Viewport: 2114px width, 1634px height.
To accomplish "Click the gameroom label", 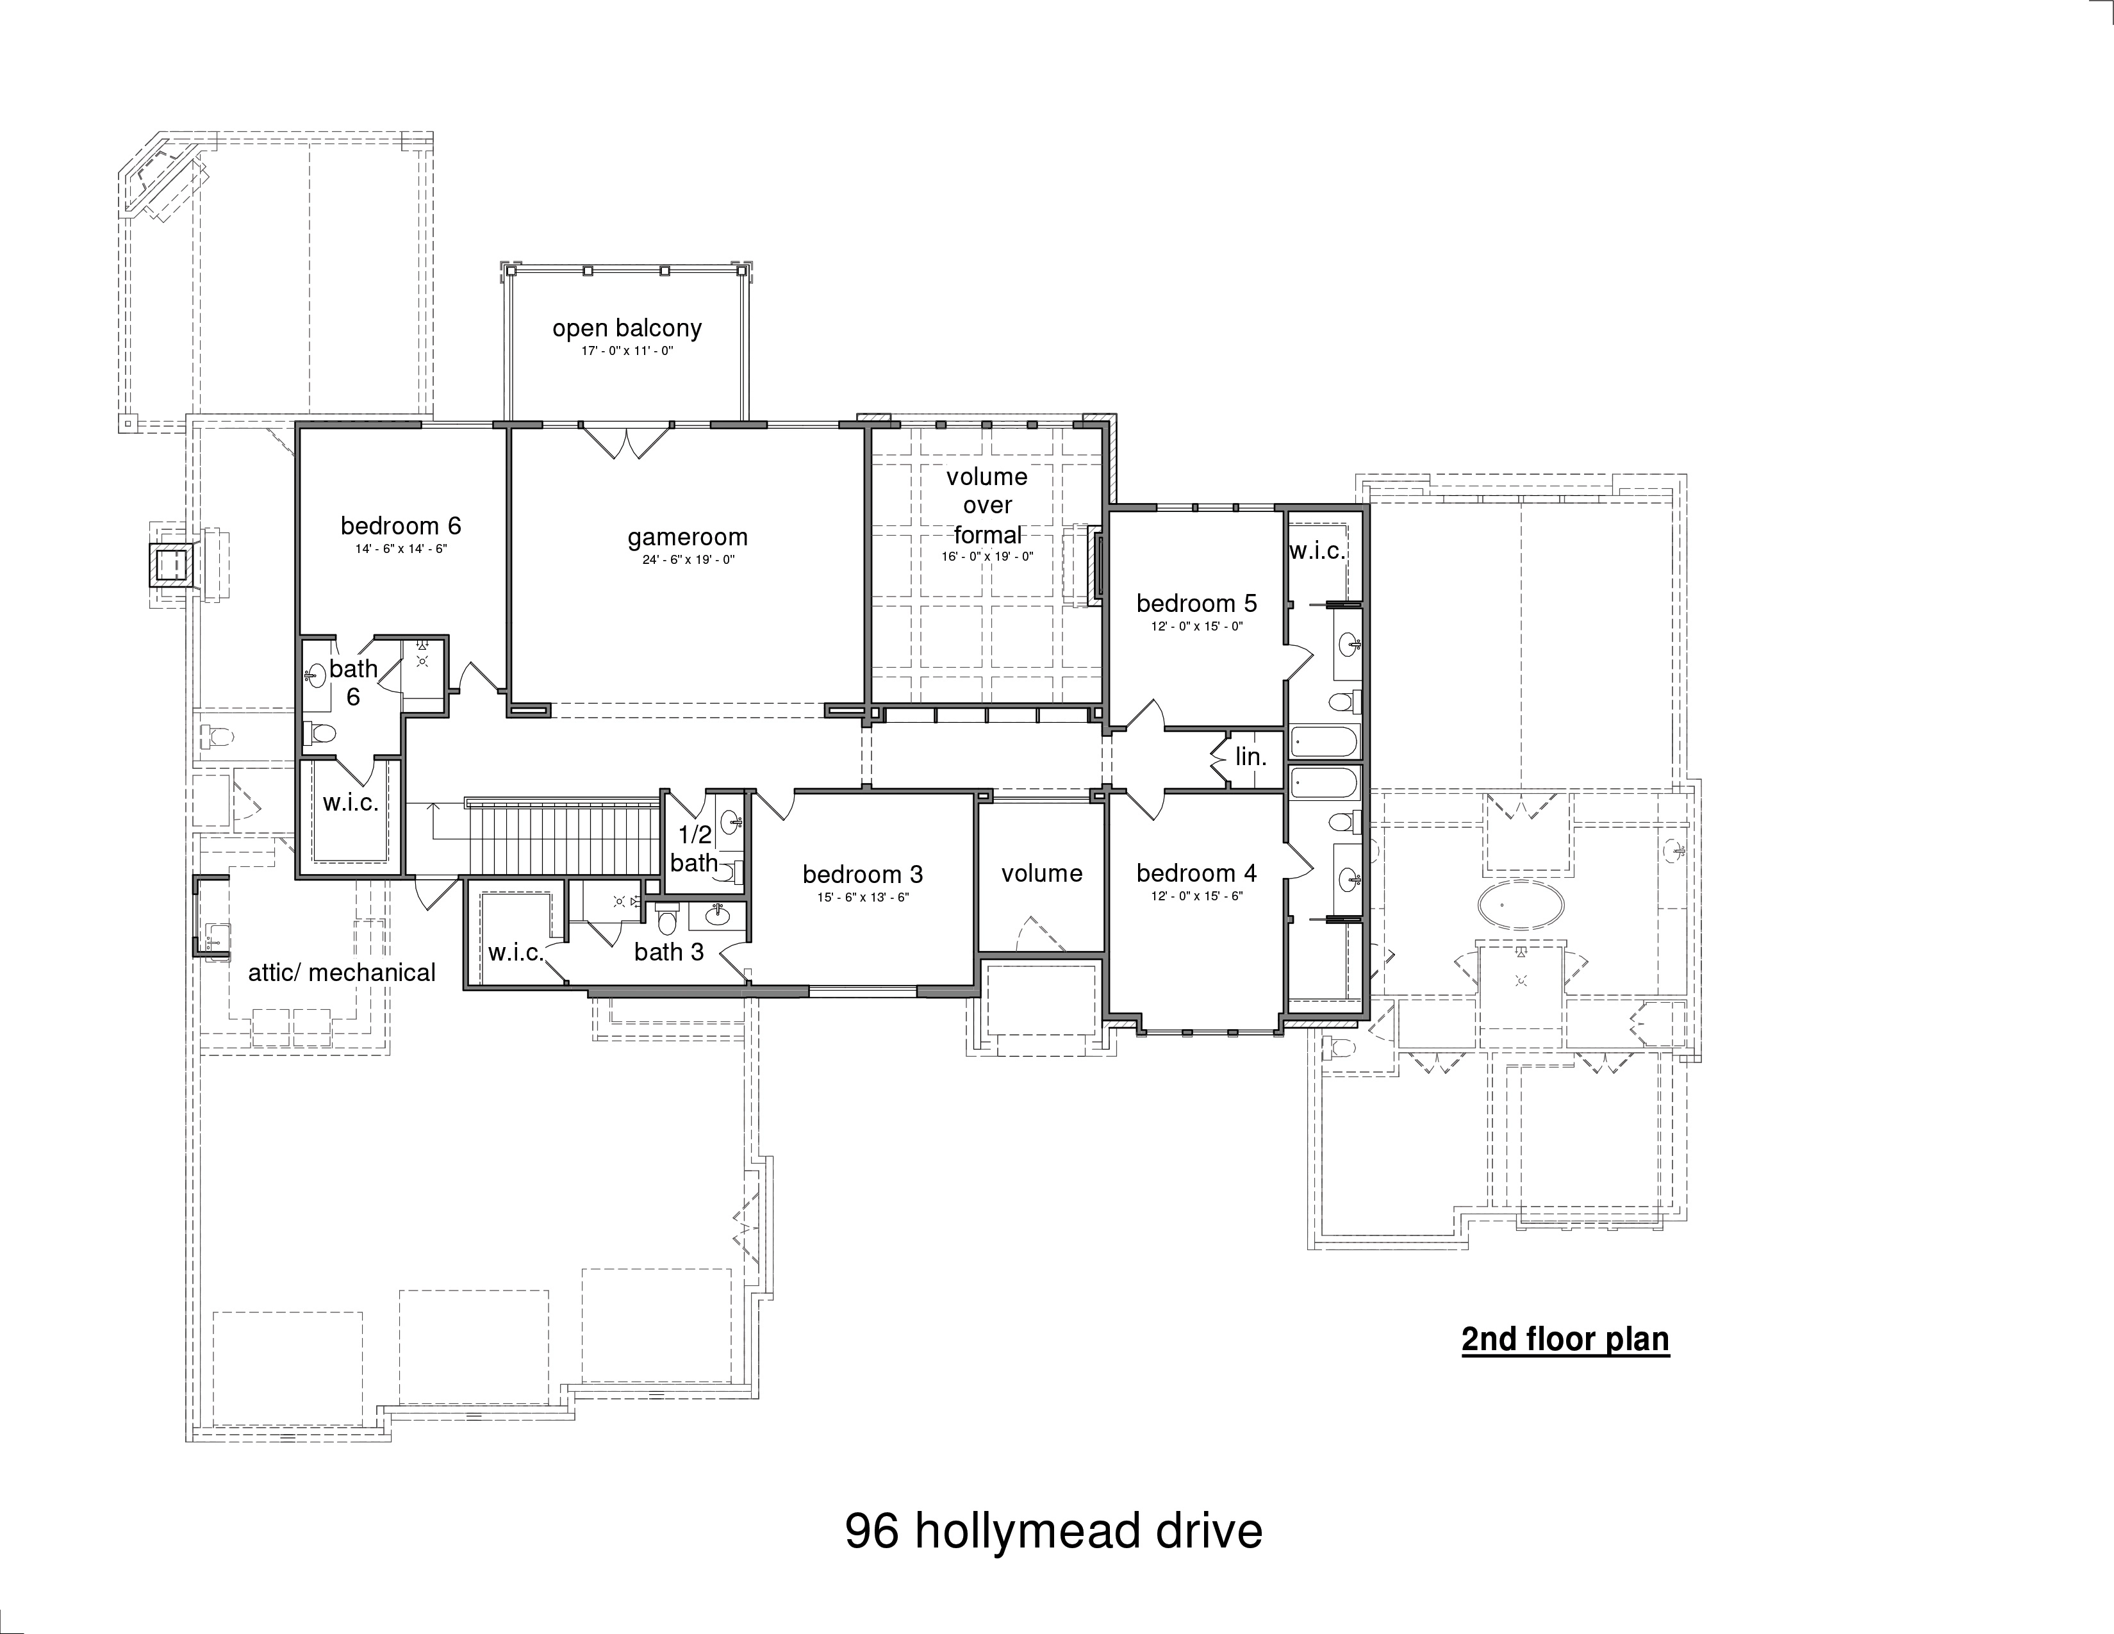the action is [687, 537].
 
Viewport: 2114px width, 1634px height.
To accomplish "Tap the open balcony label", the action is [627, 328].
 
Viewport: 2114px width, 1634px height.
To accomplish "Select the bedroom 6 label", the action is [401, 525].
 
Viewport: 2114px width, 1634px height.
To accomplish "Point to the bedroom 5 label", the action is [1196, 603].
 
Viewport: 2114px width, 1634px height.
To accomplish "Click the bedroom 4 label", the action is [1196, 873].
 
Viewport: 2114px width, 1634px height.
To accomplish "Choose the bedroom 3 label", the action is [863, 874].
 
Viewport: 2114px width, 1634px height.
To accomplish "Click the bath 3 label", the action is [669, 952].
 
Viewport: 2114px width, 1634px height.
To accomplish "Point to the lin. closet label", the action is [1251, 757].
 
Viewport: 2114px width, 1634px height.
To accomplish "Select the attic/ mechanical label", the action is [342, 973].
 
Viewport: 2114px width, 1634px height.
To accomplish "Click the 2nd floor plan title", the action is [1565, 1340].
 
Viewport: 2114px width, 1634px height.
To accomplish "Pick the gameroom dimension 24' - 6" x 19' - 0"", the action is [687, 559].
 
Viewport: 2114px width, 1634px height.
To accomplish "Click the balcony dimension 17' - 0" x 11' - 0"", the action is [627, 351].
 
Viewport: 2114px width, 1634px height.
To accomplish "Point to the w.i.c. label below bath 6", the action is [351, 802].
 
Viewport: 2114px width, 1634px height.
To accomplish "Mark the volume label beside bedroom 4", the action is [1041, 873].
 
